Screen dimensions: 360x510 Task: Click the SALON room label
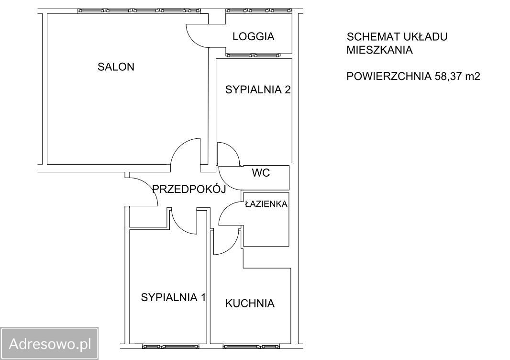[116, 67]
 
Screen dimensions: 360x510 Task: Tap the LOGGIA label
[253, 36]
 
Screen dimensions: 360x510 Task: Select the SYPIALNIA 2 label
[258, 90]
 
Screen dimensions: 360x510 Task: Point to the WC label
[261, 173]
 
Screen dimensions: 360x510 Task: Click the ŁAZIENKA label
[266, 204]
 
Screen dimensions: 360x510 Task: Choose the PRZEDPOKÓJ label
[188, 189]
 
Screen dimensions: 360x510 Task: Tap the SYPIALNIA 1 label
[173, 297]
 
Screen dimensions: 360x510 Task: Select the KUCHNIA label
[250, 303]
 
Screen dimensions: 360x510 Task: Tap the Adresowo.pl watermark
[50, 343]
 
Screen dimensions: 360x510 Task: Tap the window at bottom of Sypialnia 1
[170, 346]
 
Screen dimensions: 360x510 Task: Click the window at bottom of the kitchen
[252, 346]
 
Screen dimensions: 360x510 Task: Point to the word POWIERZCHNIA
[389, 76]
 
